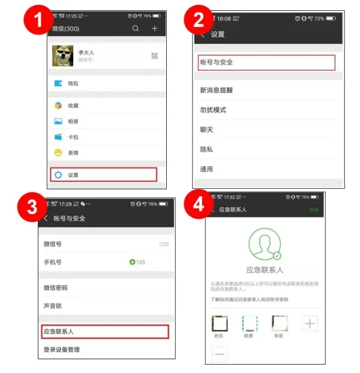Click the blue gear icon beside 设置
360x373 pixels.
pos(58,175)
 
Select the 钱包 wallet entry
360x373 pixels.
pos(73,83)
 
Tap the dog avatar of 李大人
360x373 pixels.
pos(62,56)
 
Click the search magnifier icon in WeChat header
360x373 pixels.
pos(136,28)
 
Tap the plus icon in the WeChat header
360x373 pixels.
pos(155,28)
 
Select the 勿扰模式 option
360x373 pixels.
pos(213,110)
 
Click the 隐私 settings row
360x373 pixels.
pos(206,149)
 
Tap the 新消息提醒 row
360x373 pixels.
pos(216,91)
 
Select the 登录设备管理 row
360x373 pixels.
pos(62,350)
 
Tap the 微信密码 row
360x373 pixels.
pos(55,288)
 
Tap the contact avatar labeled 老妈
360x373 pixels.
pos(220,324)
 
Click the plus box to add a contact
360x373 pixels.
pos(310,324)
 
